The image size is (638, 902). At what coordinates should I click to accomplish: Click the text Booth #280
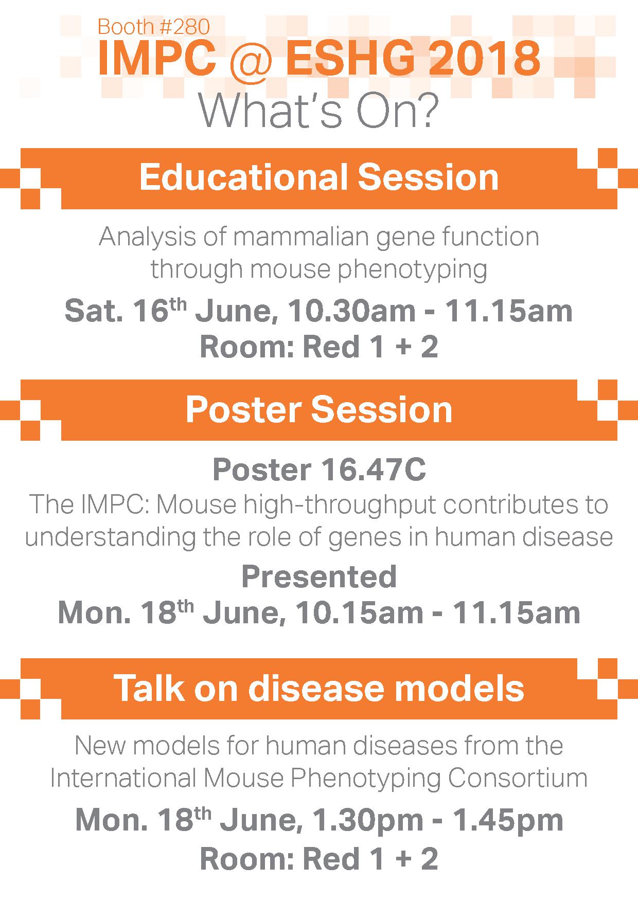[x=153, y=27]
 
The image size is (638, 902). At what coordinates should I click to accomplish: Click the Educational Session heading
[x=319, y=177]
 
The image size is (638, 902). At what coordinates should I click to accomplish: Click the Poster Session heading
[x=319, y=409]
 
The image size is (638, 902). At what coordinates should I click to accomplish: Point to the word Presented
[x=319, y=576]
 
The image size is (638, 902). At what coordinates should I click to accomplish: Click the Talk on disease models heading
[x=319, y=688]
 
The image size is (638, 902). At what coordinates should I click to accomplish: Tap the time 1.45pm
[x=510, y=821]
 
